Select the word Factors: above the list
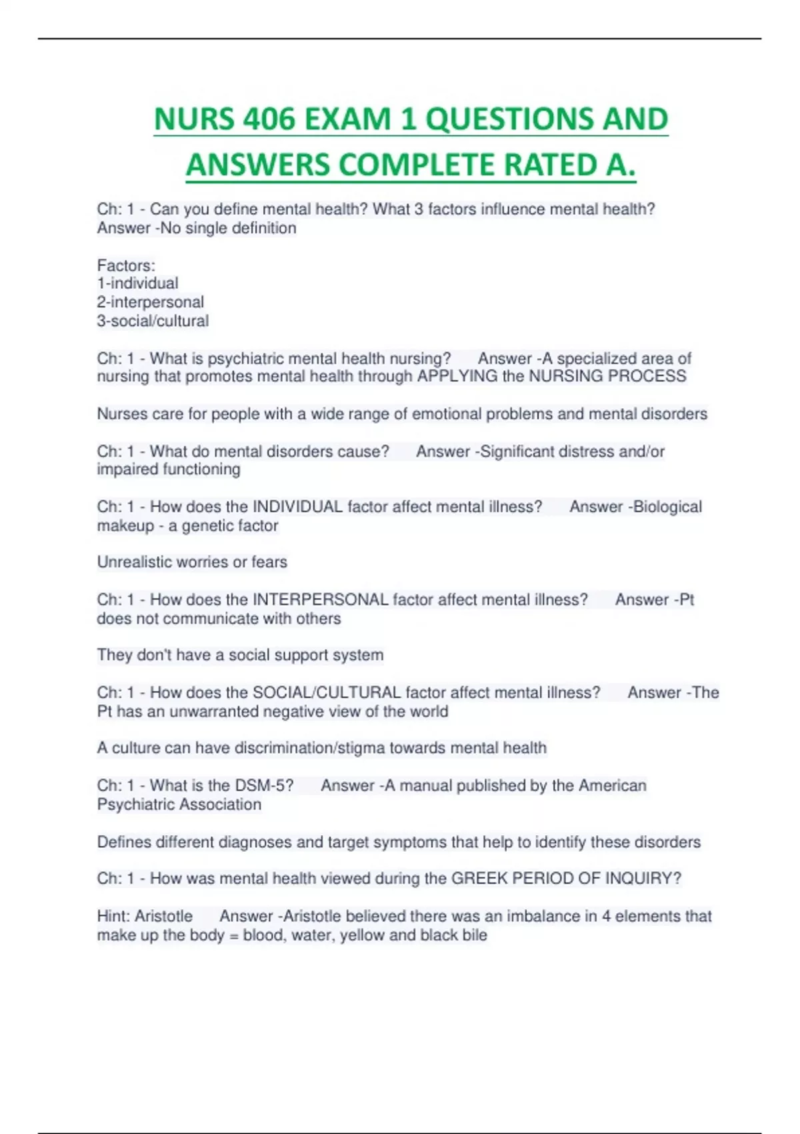[126, 265]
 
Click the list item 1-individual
[137, 283]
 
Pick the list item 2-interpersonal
[150, 302]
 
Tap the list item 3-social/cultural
[153, 321]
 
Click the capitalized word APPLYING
[457, 376]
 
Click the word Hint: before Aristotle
[113, 917]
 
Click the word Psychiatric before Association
[137, 804]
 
